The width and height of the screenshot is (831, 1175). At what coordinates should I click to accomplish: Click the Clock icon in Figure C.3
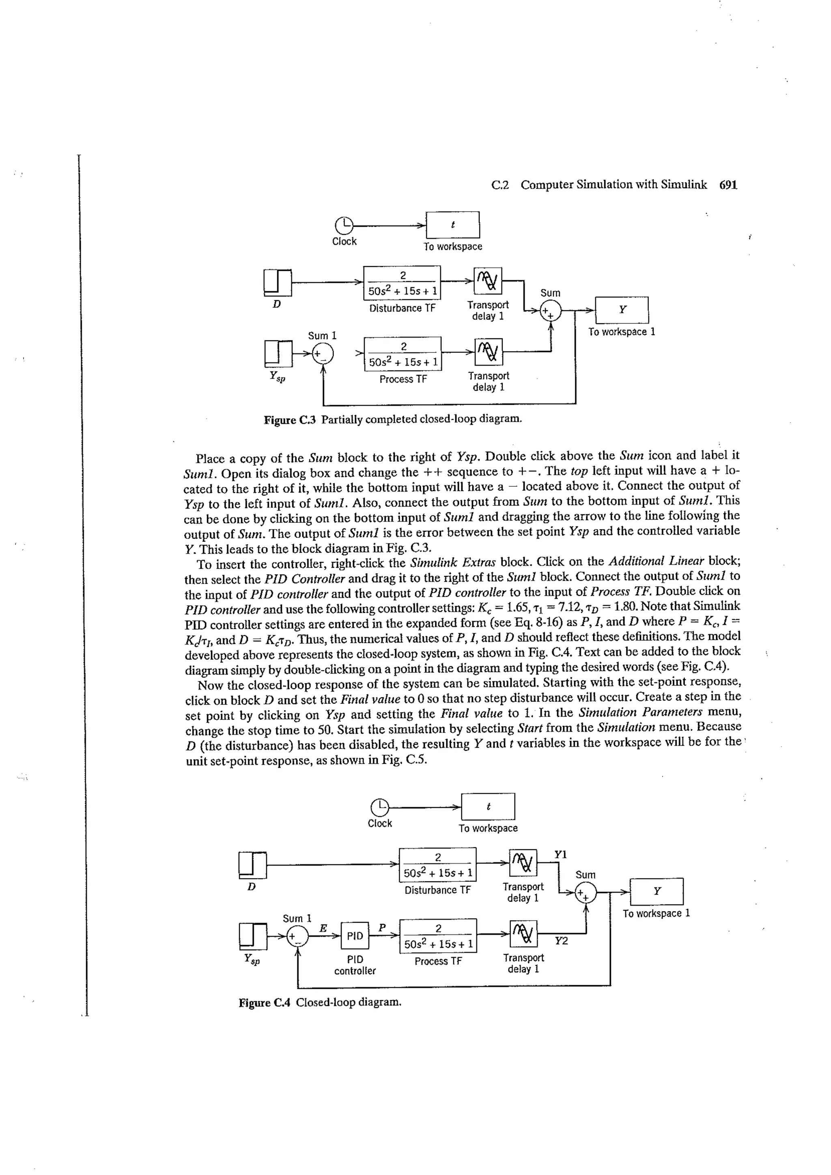pyautogui.click(x=344, y=225)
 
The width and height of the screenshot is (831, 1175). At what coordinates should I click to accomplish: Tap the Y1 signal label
pyautogui.click(x=561, y=854)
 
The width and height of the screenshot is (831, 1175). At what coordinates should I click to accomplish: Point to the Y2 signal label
pyautogui.click(x=561, y=941)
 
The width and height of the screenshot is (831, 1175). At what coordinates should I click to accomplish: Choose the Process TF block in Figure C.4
pyautogui.click(x=438, y=936)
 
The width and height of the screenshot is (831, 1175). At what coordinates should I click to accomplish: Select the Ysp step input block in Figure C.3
pyautogui.click(x=278, y=354)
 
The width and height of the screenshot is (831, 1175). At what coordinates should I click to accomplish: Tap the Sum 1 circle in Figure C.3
pyautogui.click(x=323, y=354)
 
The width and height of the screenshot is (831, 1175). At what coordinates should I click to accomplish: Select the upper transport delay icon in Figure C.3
pyautogui.click(x=488, y=281)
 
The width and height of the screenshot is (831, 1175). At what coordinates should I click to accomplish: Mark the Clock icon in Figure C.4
pyautogui.click(x=379, y=807)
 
